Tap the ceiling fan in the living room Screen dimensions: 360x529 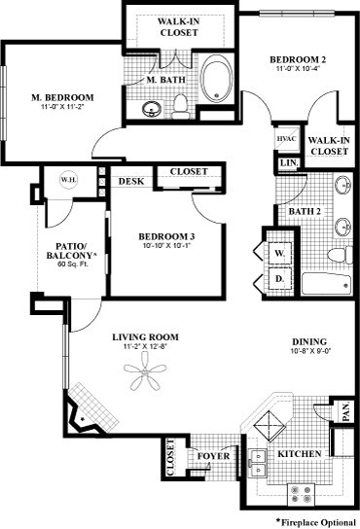(x=145, y=371)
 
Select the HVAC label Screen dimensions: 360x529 (x=287, y=139)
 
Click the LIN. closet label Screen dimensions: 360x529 (x=289, y=163)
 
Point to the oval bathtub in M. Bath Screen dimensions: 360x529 (x=216, y=79)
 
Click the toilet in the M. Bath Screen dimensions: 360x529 (x=180, y=107)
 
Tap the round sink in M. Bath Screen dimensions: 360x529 (x=151, y=109)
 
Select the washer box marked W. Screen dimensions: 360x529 (x=279, y=253)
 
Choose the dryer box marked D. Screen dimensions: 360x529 (x=279, y=279)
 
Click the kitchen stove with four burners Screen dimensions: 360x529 (x=301, y=494)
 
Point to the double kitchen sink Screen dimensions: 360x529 (x=258, y=463)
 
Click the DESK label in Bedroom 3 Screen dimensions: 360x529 (x=131, y=181)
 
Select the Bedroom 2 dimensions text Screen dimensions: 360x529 (x=298, y=68)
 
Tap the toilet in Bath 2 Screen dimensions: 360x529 (x=340, y=255)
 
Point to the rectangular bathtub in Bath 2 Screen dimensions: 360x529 (x=327, y=284)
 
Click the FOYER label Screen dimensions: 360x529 (x=213, y=456)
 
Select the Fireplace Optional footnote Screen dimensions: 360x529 (x=316, y=522)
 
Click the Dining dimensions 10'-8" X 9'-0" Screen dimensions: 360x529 (x=309, y=351)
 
